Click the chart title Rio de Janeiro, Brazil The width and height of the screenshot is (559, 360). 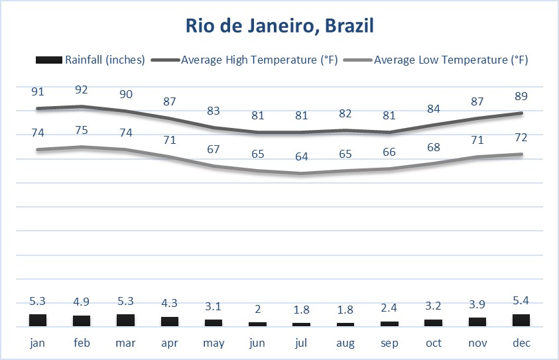click(279, 27)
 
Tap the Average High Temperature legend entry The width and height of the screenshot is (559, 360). click(259, 60)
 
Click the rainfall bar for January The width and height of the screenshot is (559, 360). click(38, 320)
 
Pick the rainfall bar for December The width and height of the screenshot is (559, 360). click(521, 320)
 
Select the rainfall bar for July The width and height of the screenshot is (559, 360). click(301, 324)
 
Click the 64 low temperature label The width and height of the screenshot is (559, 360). click(302, 156)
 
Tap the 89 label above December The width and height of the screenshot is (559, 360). click(521, 97)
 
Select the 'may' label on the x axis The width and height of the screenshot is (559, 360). click(214, 343)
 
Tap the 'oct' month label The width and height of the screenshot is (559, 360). click(433, 343)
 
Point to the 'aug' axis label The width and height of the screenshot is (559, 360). click(345, 343)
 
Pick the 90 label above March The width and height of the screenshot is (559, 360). click(126, 94)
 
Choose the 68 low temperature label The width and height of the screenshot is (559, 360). click(433, 146)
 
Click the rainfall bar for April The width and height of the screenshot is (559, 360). click(170, 322)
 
